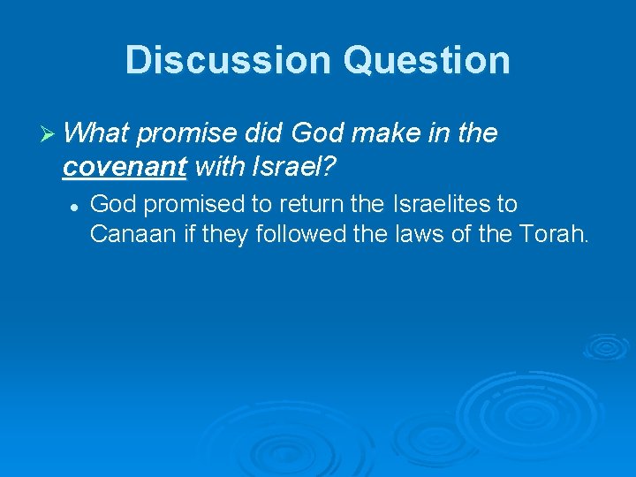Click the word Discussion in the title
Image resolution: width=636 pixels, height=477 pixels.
[227, 60]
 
